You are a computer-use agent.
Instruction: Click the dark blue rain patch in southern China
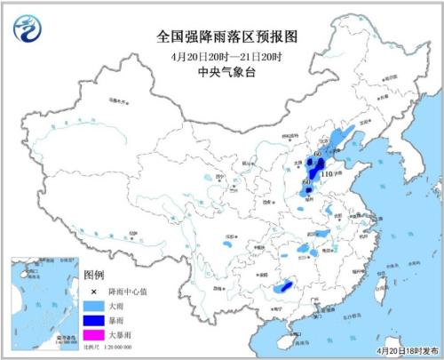(x=284, y=286)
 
